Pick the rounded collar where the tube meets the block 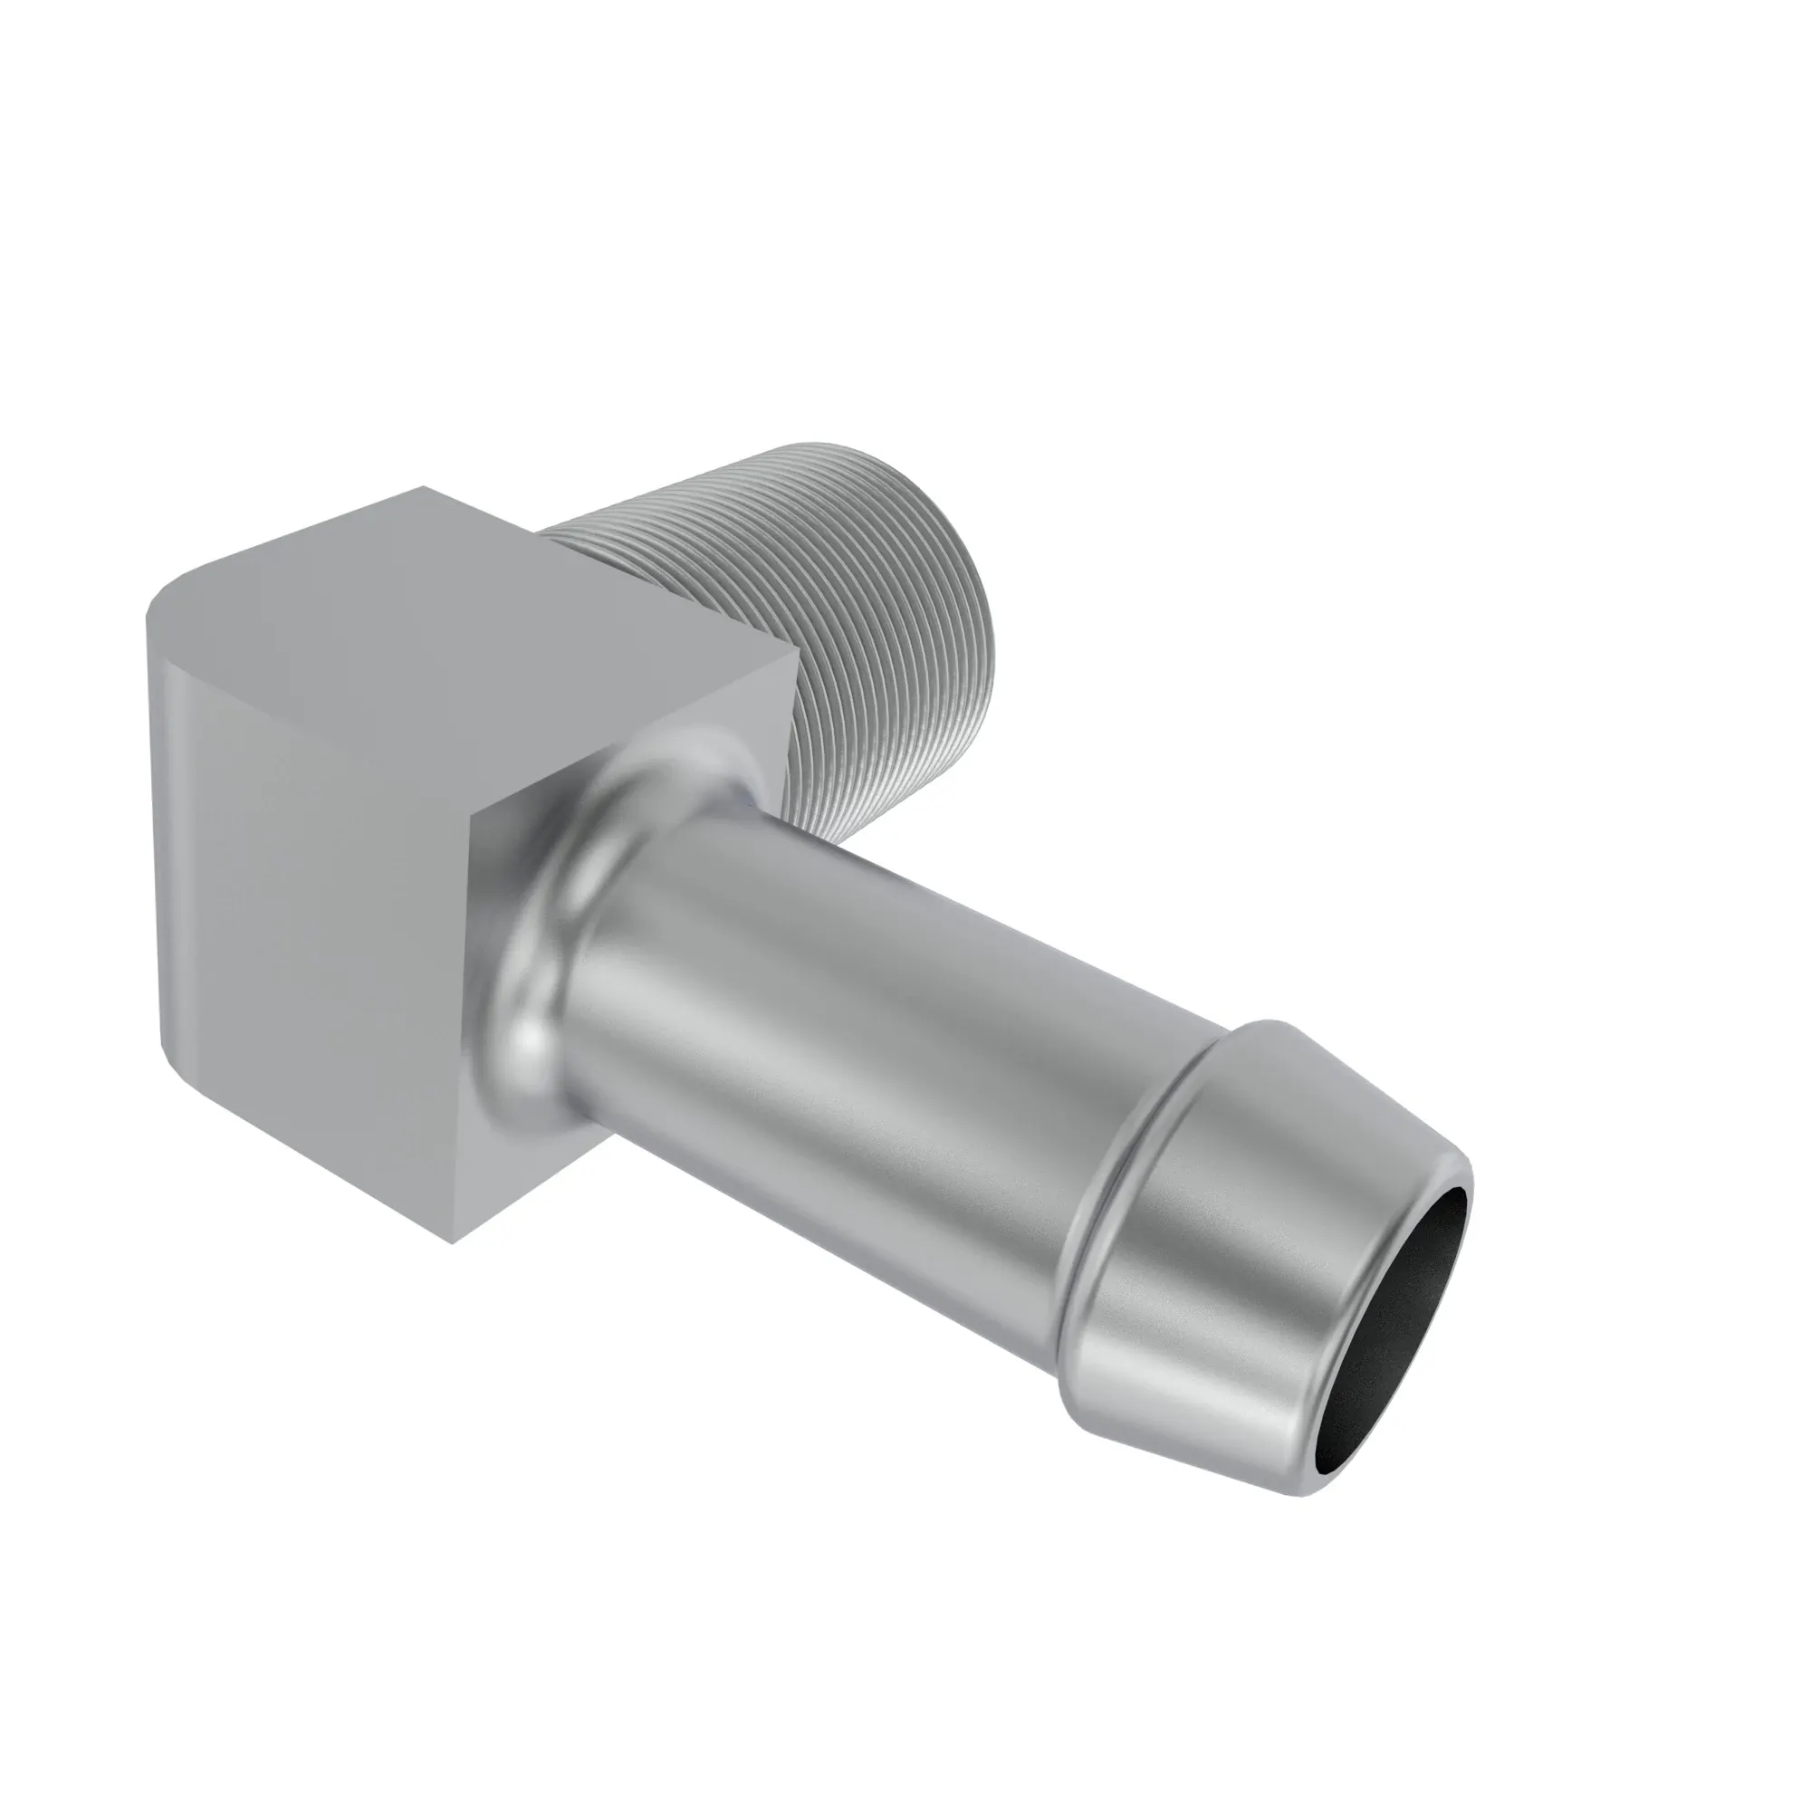point(562,900)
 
